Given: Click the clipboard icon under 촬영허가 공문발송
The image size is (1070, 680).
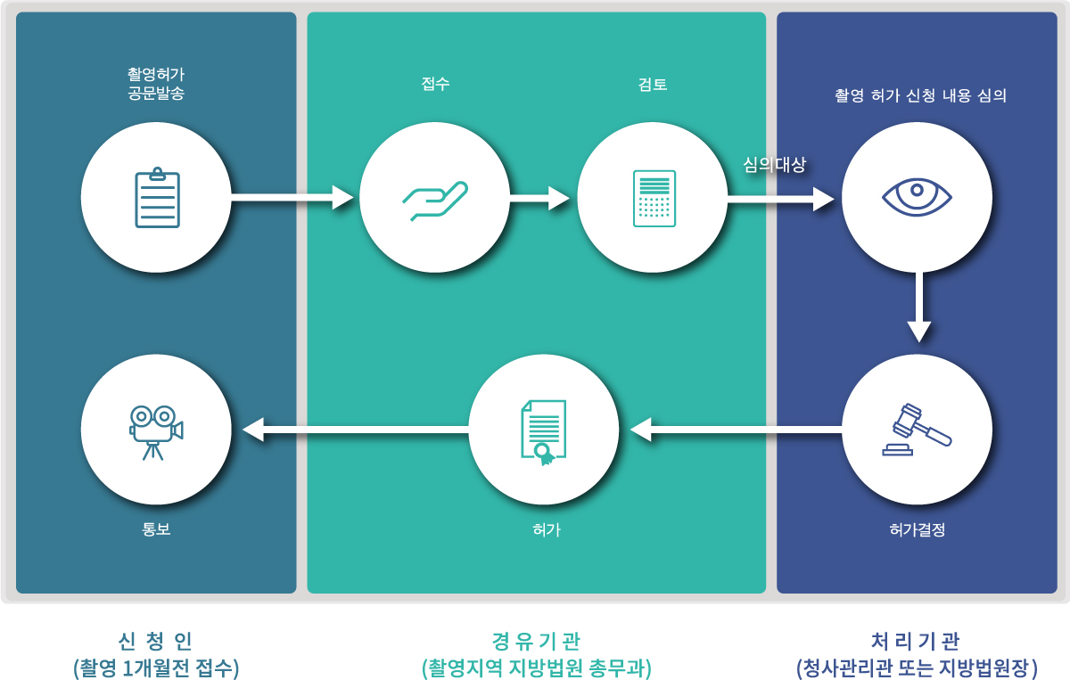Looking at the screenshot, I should tap(157, 197).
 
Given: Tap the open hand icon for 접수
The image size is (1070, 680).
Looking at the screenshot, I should tap(435, 200).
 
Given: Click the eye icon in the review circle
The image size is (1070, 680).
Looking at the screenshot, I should tap(917, 196).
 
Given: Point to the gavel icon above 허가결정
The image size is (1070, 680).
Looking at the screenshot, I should tap(917, 430).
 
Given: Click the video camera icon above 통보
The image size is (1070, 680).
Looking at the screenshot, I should tap(156, 430).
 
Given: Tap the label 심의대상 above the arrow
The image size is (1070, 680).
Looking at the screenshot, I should tap(774, 165).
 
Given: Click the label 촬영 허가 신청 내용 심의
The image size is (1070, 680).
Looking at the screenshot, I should tap(920, 95).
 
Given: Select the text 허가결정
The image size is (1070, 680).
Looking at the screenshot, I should tap(917, 529).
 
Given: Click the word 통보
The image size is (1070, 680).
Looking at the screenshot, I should tap(156, 529).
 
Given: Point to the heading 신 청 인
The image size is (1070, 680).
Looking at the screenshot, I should tap(156, 640).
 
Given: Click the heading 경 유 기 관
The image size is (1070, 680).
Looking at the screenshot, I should tap(536, 640).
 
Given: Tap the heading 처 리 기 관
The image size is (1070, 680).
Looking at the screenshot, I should tap(916, 640).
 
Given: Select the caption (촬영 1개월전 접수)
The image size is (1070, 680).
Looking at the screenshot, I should tap(156, 668).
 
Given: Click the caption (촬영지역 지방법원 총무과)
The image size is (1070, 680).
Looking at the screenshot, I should tap(536, 668).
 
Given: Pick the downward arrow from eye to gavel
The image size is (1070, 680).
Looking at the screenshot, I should tap(918, 307).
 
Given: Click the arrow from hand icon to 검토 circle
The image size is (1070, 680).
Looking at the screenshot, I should tap(539, 198).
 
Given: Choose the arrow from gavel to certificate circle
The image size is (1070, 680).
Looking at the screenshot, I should tap(736, 430).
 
